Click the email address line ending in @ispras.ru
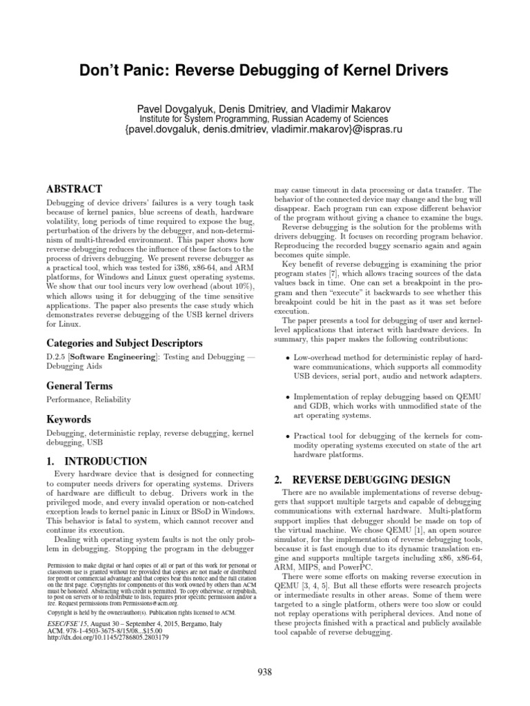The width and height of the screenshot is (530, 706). (264, 130)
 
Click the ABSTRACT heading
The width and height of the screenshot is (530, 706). (75, 188)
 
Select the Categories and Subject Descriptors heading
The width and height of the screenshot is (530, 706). (124, 343)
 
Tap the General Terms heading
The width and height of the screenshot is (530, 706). (79, 386)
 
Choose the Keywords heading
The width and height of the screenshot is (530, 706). (68, 419)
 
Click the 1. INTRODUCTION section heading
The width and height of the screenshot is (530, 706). (97, 461)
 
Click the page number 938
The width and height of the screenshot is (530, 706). (264, 673)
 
